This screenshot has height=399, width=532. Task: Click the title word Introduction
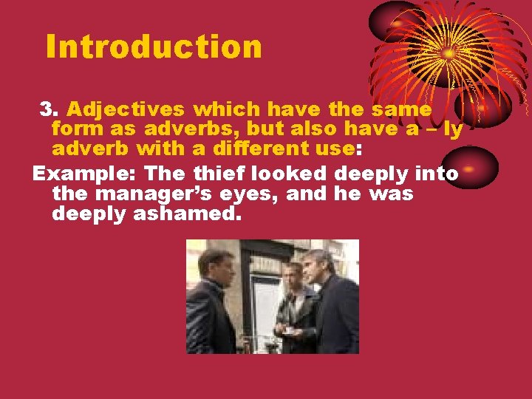pos(154,46)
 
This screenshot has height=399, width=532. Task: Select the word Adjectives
pos(126,110)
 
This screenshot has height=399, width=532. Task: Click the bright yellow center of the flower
pos(449,53)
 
